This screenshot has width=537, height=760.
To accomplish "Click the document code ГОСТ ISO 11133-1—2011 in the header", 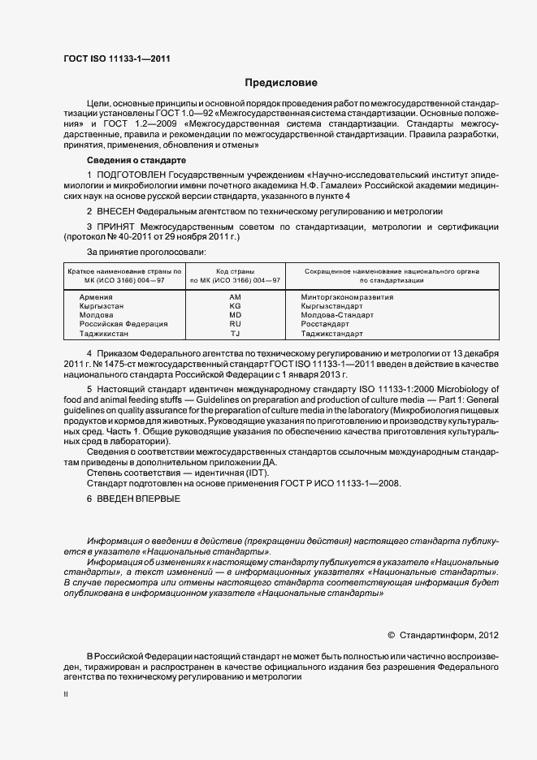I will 115,58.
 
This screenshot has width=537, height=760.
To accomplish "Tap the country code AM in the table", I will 235,298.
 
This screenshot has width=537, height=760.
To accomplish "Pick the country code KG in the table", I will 235,307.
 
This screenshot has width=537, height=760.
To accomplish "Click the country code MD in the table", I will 235,316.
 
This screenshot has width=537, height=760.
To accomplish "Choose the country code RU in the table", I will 235,325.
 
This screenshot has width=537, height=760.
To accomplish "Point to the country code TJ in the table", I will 235,334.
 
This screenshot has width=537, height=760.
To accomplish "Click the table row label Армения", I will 96,298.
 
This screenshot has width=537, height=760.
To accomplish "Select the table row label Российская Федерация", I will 123,325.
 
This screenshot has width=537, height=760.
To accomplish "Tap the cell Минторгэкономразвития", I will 347,298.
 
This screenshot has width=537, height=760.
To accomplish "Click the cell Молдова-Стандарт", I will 336,316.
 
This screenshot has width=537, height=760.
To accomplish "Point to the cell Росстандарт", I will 324,325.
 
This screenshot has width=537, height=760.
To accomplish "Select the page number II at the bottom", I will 66,695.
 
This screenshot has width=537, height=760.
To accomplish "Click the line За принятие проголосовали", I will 141,253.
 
